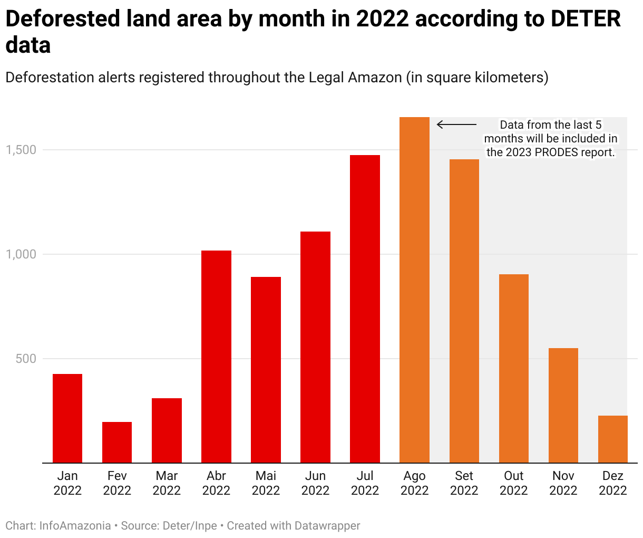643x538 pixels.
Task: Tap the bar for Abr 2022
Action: [216, 357]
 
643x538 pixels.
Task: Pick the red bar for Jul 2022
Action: [365, 309]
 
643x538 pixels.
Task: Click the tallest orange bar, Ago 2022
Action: [414, 290]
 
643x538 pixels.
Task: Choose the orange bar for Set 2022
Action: [464, 311]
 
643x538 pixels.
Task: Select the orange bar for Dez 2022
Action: [613, 439]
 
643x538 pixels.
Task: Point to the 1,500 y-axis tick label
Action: [21, 150]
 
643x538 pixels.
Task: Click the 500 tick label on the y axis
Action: [26, 359]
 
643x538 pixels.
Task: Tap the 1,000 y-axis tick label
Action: [21, 254]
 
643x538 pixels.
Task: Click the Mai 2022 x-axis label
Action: [266, 483]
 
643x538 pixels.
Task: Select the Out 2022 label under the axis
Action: [514, 483]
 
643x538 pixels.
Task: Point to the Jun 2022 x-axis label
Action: [315, 483]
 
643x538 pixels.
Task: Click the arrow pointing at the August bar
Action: [456, 125]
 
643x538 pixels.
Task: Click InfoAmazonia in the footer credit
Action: [75, 526]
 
